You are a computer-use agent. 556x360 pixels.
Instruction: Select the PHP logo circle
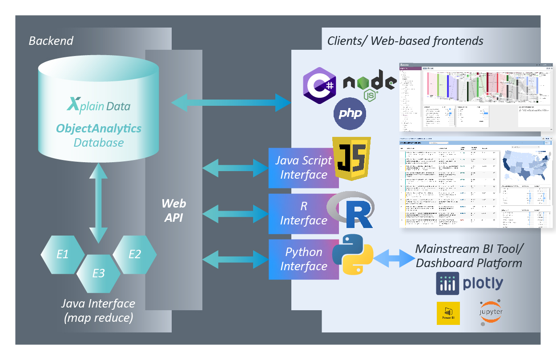350,114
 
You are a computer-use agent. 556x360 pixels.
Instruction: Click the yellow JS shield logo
351,159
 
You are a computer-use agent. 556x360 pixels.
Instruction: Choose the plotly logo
469,283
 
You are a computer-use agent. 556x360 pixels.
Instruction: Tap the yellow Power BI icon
448,313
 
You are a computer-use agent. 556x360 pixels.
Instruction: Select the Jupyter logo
491,312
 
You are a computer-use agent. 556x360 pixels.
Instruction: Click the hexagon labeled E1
63,255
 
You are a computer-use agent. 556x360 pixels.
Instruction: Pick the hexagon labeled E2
134,254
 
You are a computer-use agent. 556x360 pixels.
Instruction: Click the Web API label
173,210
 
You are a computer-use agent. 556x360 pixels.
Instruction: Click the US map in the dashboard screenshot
526,164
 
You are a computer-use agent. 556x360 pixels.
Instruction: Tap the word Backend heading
51,41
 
